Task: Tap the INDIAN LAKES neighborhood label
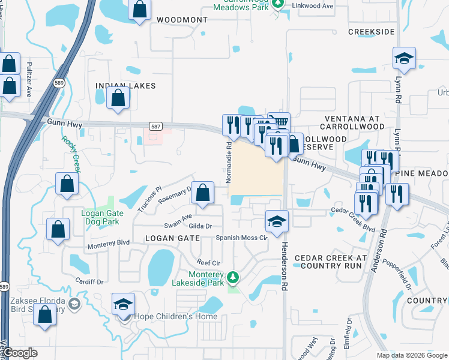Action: coord(125,86)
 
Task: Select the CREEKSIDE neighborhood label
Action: coord(372,31)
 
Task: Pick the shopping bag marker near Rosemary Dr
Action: coord(203,193)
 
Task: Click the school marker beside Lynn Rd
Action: coord(404,59)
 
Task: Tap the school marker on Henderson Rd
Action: coord(277,221)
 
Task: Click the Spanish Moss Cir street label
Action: coord(242,238)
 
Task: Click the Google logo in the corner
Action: coord(20,353)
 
